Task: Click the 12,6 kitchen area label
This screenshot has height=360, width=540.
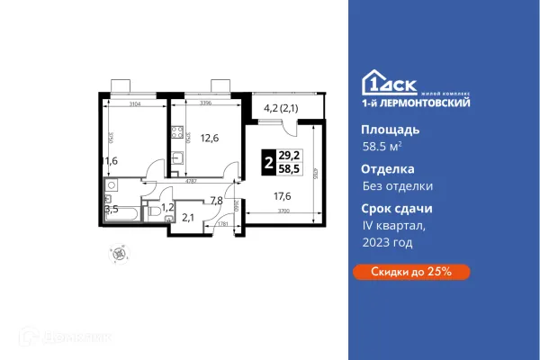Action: tap(210, 138)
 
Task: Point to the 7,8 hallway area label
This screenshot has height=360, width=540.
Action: tap(216, 201)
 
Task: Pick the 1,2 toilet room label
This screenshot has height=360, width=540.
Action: tap(166, 206)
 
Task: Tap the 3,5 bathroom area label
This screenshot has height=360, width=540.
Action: tap(112, 209)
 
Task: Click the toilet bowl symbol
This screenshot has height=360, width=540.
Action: tap(155, 211)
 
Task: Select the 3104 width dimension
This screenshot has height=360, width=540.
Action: tap(131, 103)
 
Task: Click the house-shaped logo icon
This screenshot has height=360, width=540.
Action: tap(371, 82)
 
